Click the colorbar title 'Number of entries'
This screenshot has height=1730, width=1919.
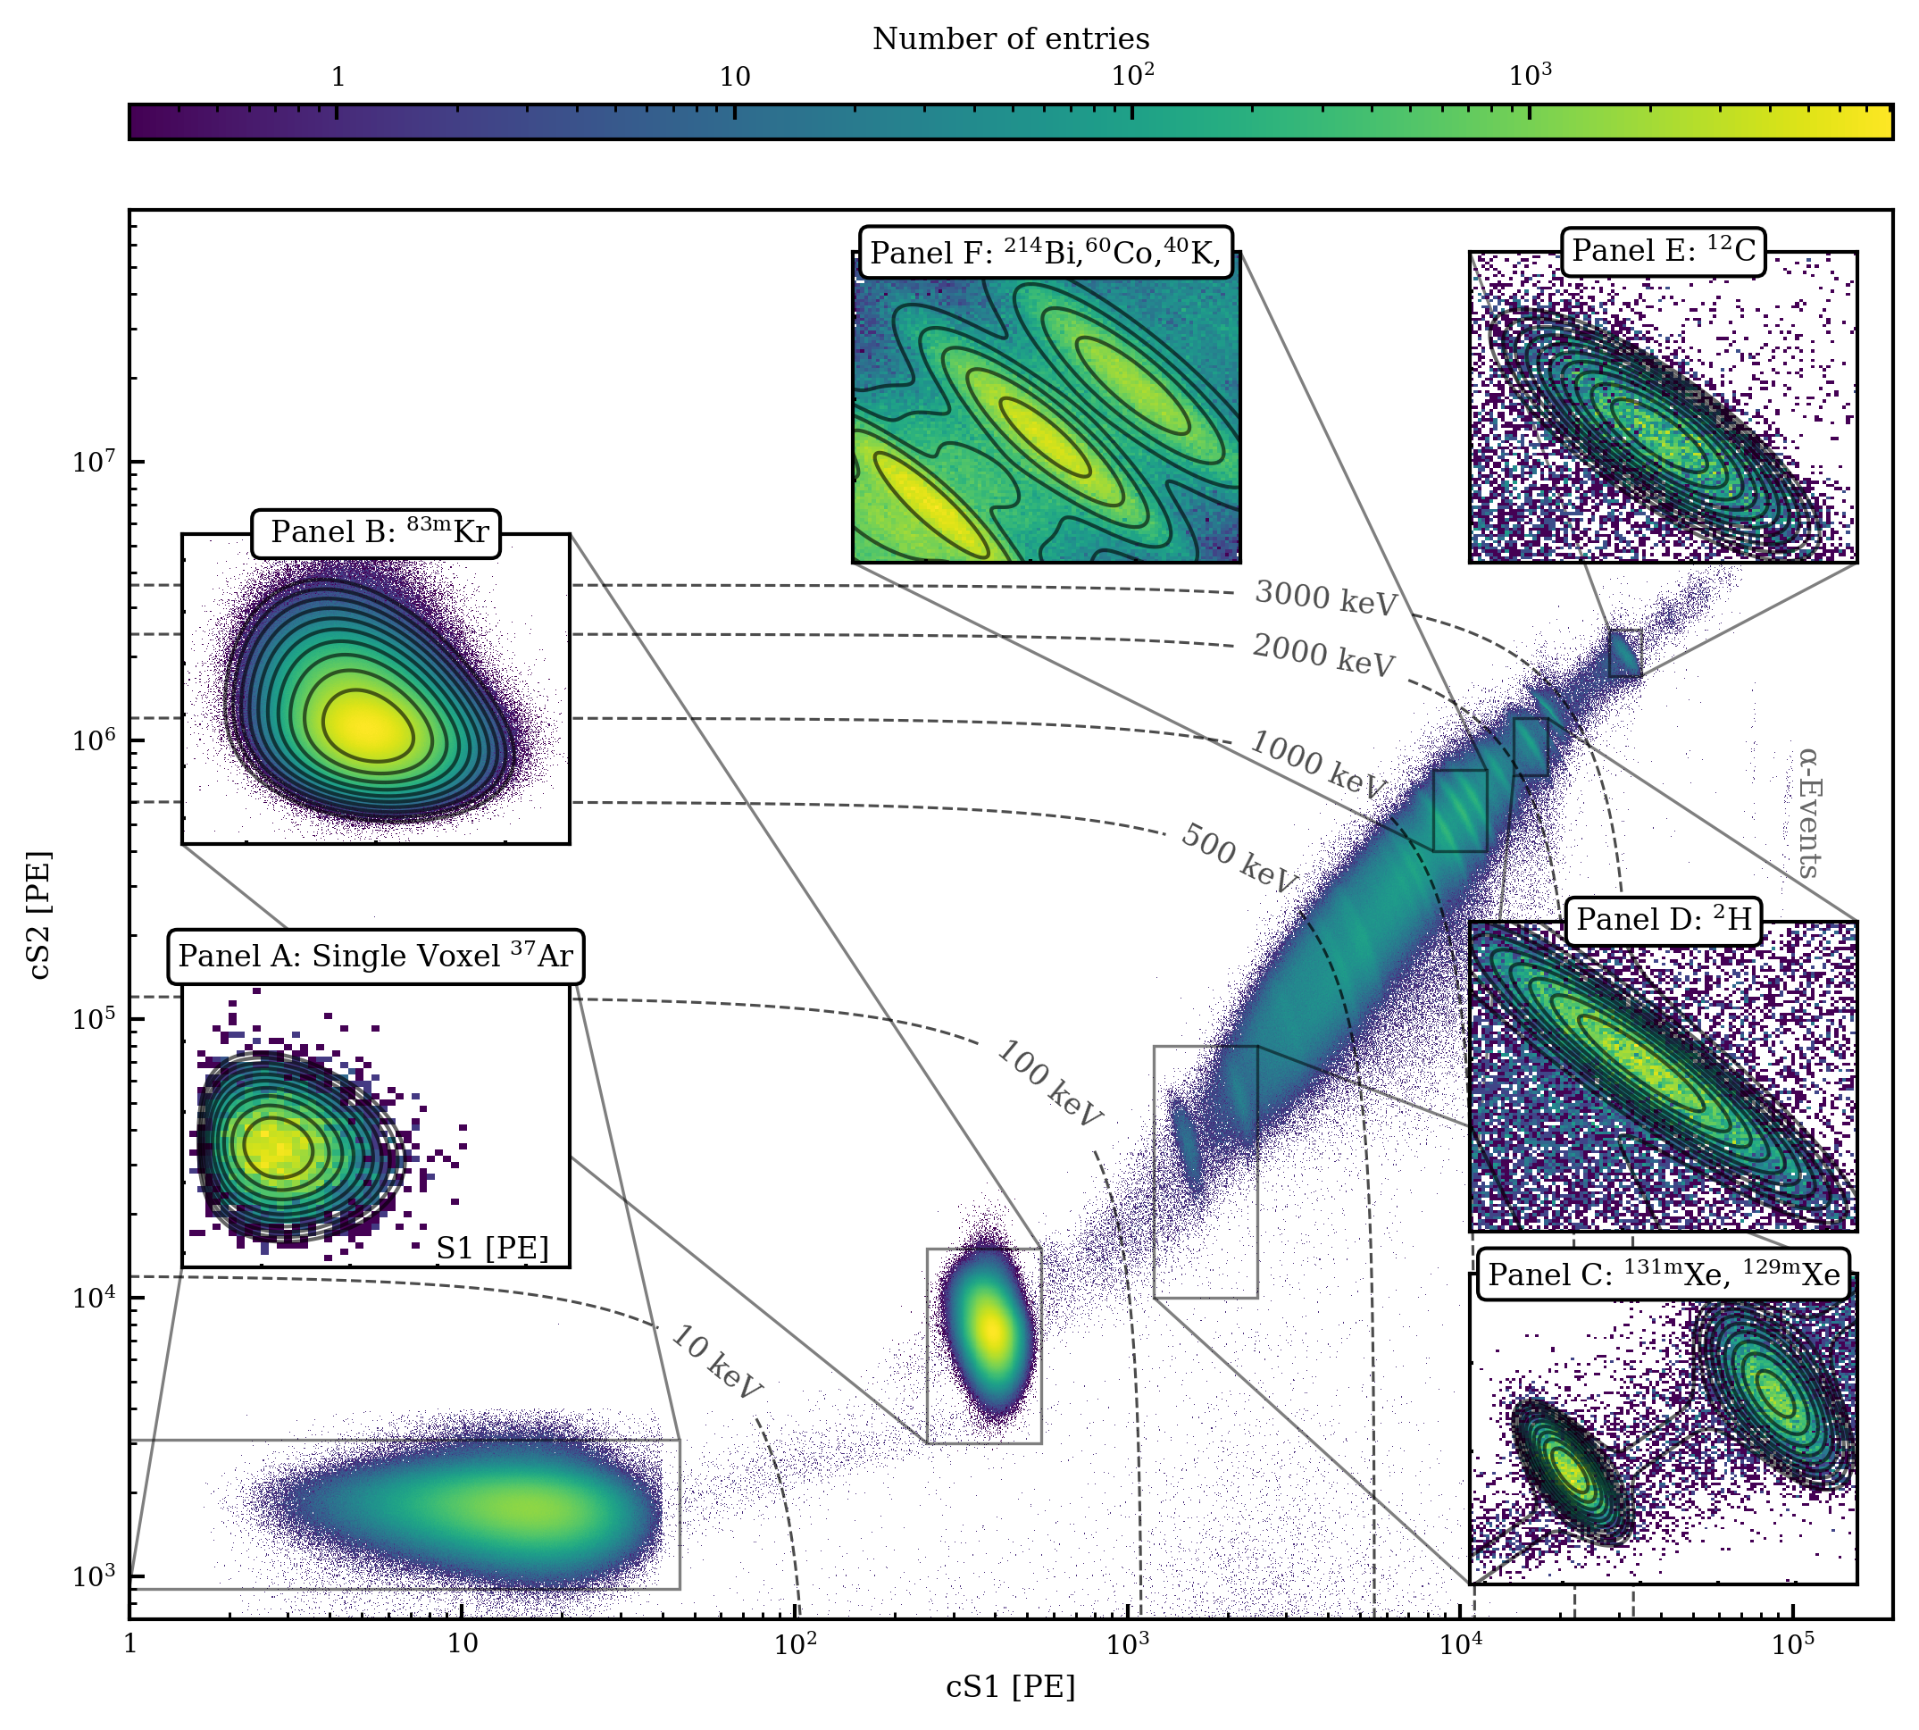[x=1010, y=39]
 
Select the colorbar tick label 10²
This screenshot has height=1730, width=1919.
[x=1132, y=75]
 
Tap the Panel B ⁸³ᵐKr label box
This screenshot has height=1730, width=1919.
[x=376, y=532]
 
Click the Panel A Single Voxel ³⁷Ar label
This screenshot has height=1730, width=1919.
[x=376, y=957]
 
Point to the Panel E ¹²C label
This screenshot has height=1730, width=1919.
[x=1664, y=251]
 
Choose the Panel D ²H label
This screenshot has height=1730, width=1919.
[x=1664, y=920]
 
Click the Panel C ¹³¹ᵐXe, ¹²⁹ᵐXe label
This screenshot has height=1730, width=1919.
[x=1664, y=1275]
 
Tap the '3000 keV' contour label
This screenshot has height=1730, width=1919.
[x=1326, y=598]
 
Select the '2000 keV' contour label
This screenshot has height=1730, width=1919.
[x=1324, y=655]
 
